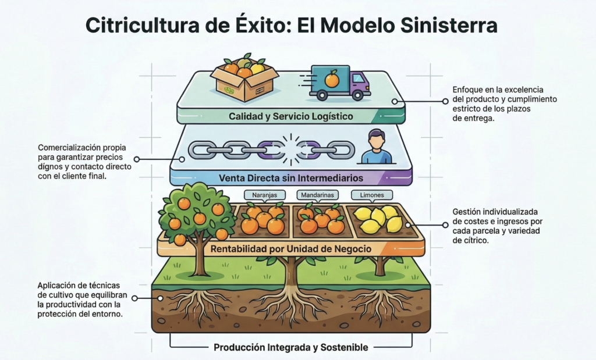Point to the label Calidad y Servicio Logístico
coord(290,116)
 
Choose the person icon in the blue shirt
coord(377,148)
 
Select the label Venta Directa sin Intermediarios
coord(290,177)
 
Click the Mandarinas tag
coord(317,196)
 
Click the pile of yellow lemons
coord(377,220)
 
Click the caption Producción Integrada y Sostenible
coord(290,347)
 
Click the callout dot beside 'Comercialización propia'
coord(137,158)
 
